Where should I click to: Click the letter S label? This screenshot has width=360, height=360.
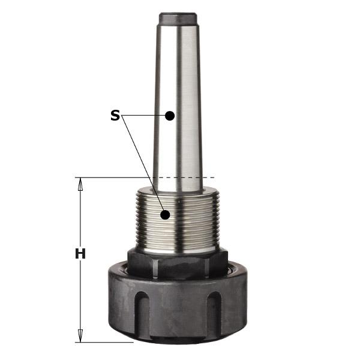(x=115, y=115)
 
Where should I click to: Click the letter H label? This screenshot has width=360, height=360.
(x=80, y=254)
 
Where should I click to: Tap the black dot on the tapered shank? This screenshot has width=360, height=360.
(x=170, y=115)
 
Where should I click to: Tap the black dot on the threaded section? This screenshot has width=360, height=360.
(x=165, y=215)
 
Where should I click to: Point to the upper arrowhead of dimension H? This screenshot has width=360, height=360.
(x=80, y=184)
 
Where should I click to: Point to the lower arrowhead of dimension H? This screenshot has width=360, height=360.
(x=80, y=335)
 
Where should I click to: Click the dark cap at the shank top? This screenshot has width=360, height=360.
(x=178, y=18)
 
